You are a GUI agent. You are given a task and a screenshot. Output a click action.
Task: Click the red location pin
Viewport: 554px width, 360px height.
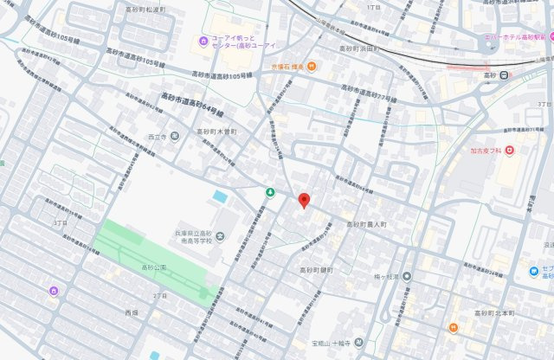304,200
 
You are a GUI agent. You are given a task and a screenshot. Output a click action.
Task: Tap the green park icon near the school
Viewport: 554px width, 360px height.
270,191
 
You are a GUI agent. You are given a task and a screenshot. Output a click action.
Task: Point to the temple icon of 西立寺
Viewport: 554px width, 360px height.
176,136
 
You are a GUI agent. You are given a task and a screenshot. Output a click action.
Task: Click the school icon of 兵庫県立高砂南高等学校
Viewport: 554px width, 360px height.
219,236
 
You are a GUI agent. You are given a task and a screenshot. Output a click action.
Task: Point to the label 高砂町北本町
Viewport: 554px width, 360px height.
489,310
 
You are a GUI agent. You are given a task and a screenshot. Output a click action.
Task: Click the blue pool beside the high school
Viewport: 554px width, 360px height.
221,196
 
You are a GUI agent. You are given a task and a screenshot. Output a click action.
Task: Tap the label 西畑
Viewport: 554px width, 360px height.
132,312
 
